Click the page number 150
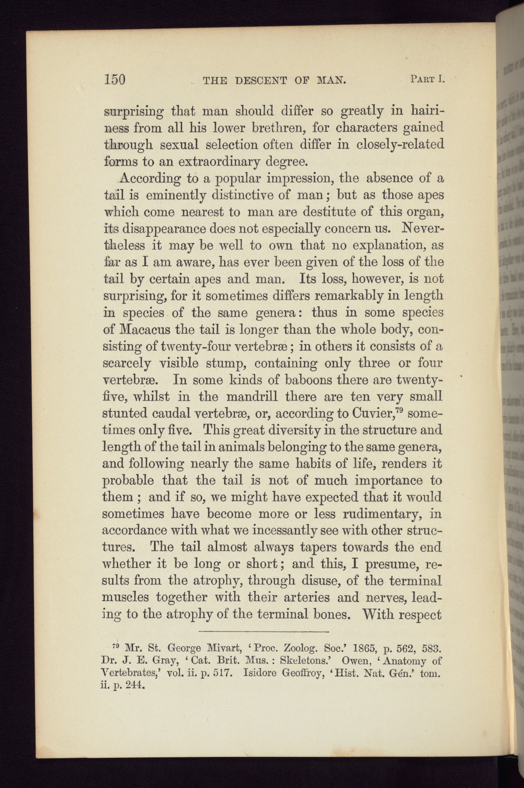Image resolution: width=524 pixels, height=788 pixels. coord(115,79)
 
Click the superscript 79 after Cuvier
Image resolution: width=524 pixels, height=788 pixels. coord(405,410)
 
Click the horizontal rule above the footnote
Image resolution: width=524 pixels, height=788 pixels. coord(264,632)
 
